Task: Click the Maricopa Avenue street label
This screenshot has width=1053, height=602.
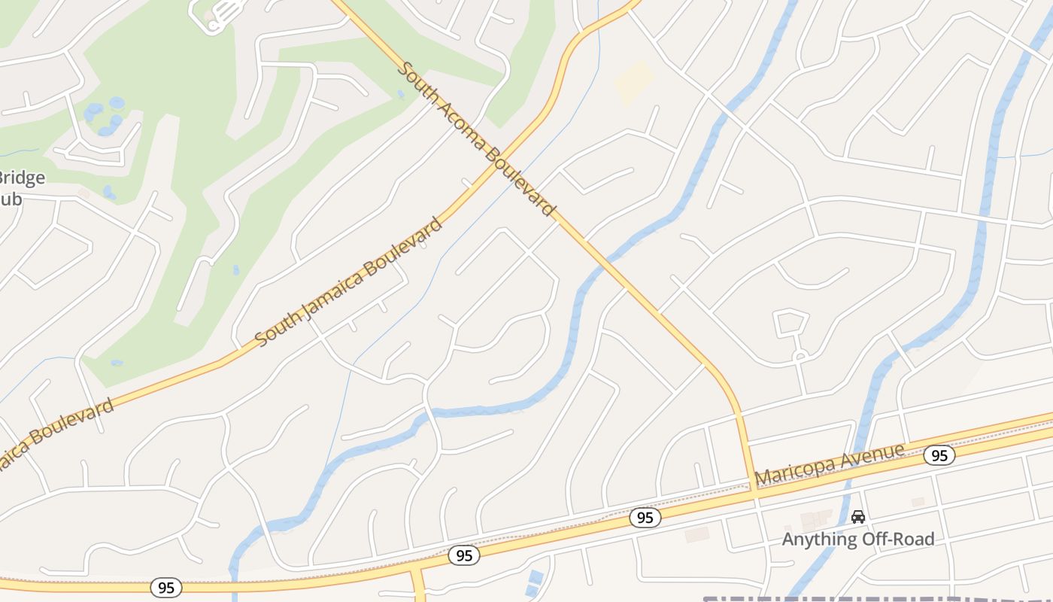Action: [830, 464]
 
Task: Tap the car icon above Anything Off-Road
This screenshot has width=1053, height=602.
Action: [858, 517]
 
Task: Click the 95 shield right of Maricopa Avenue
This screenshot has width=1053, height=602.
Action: [939, 455]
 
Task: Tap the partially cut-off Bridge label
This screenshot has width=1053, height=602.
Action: [21, 178]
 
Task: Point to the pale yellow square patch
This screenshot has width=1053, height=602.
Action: [635, 81]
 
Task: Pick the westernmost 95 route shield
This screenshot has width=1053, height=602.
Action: [166, 588]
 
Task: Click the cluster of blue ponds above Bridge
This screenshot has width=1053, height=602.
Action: [104, 117]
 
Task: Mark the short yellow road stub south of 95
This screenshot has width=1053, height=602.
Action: [418, 584]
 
